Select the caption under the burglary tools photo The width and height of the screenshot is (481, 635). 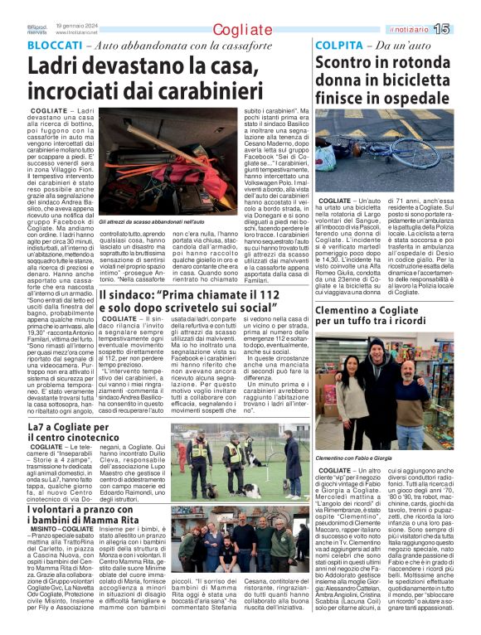pyautogui.click(x=152, y=223)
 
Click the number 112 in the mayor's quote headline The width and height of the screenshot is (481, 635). pyautogui.click(x=288, y=296)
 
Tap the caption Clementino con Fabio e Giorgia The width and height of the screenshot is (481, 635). pyautogui.click(x=364, y=457)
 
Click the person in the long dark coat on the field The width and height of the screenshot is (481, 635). pyautogui.click(x=292, y=463)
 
